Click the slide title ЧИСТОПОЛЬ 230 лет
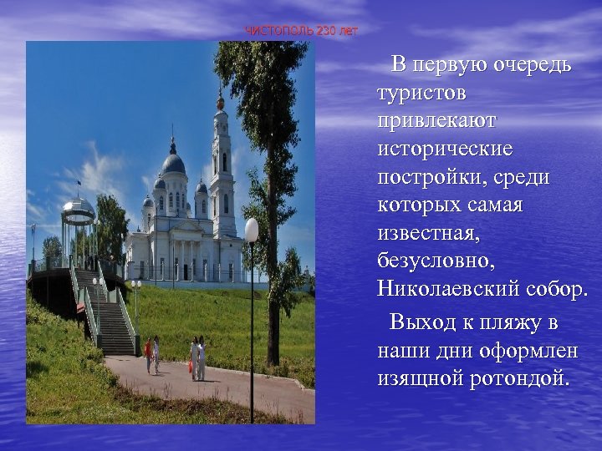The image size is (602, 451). coord(301,31)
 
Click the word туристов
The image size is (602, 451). coord(422,93)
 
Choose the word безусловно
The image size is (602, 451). coord(435,262)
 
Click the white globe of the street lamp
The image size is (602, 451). coord(252,230)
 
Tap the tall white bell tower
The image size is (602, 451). coord(222,167)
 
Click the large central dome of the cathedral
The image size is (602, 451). coord(173,162)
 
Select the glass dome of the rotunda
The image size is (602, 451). coord(79,208)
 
